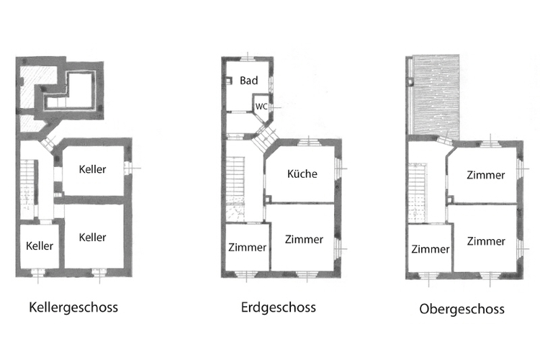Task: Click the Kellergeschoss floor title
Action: coord(73,307)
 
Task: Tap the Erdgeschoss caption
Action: coord(278,307)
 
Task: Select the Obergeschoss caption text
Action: coord(462,309)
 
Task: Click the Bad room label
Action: coord(248,81)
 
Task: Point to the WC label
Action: coord(261,107)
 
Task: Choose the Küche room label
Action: coord(302,174)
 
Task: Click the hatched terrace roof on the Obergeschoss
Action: coord(436,96)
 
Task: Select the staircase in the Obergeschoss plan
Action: coord(418,192)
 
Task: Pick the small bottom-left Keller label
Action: coord(40,246)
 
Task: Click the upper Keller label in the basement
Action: coord(92,169)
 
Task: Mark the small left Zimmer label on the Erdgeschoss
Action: coord(247,248)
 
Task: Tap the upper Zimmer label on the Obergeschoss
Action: coord(485,175)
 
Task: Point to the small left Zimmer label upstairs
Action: coord(430,249)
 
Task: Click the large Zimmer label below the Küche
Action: coord(304,240)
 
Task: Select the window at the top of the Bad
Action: coord(248,58)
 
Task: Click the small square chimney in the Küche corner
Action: coord(268,199)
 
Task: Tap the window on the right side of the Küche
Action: coord(338,168)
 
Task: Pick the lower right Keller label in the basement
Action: coord(92,238)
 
